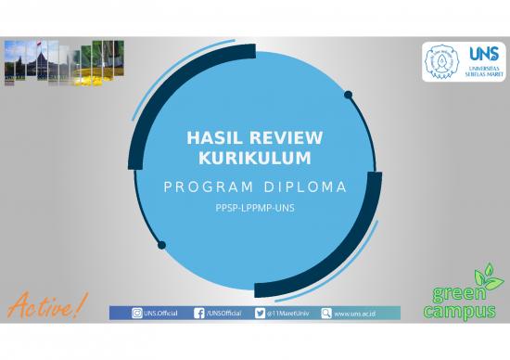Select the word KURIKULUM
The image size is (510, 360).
(254, 159)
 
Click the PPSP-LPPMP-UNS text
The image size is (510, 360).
(254, 209)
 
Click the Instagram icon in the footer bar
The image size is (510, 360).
(137, 314)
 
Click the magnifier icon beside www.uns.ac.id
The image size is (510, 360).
(325, 314)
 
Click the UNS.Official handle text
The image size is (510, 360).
(163, 314)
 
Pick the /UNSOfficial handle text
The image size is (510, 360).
(223, 314)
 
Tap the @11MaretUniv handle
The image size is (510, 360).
(287, 314)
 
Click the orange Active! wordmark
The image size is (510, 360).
(46, 302)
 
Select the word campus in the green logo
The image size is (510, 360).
(459, 312)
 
